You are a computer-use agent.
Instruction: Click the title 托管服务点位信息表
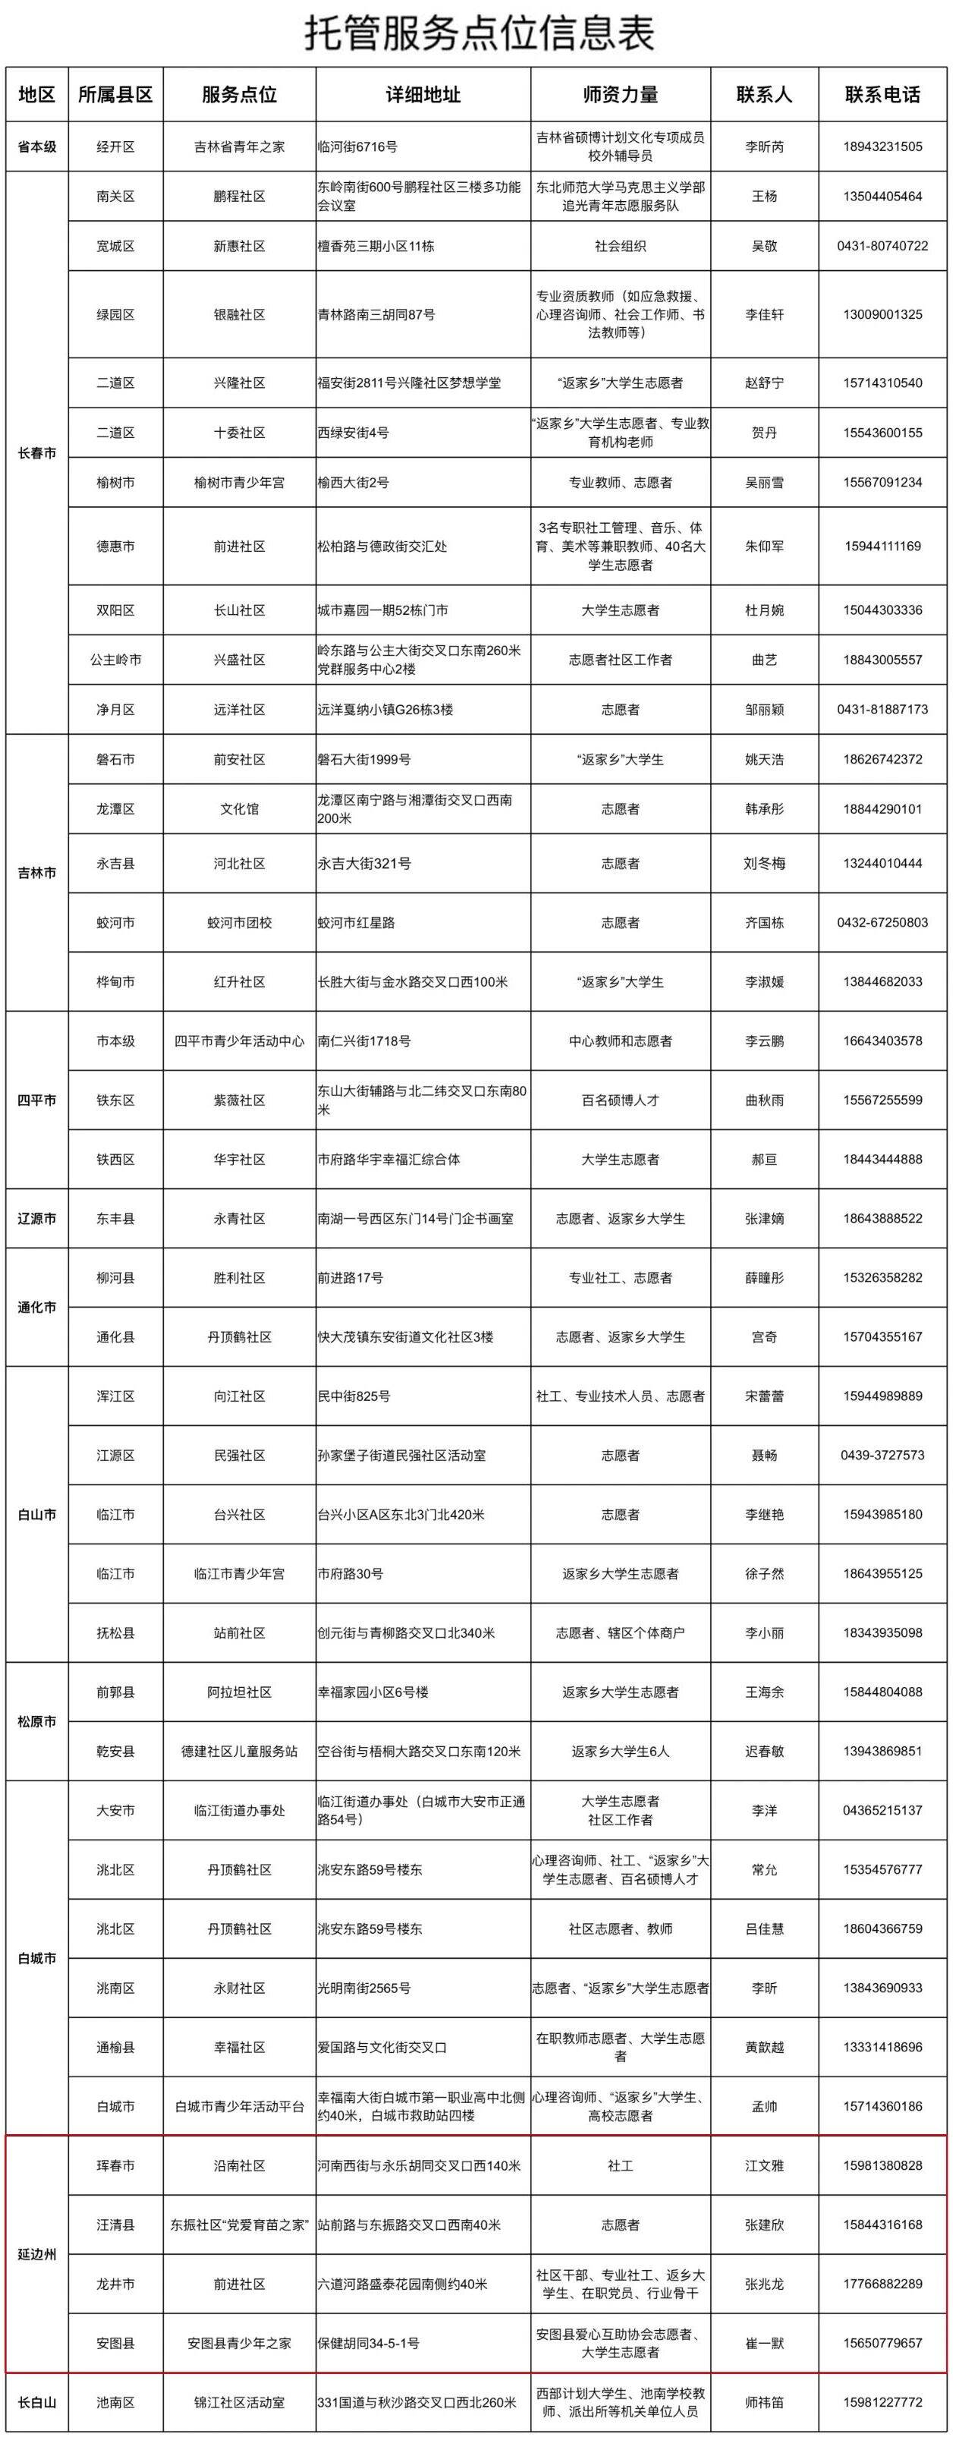pyautogui.click(x=476, y=34)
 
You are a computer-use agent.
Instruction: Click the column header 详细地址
pyautogui.click(x=423, y=95)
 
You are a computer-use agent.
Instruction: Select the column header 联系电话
pyautogui.click(x=882, y=95)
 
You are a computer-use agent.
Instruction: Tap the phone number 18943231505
pyautogui.click(x=882, y=146)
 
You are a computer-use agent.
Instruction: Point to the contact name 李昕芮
pyautogui.click(x=763, y=146)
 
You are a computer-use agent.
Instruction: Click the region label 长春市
pyautogui.click(x=37, y=453)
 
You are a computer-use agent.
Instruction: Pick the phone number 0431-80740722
pyautogui.click(x=882, y=246)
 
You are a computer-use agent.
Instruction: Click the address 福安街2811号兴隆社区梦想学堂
pyautogui.click(x=409, y=383)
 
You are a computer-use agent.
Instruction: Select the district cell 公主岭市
pyautogui.click(x=115, y=660)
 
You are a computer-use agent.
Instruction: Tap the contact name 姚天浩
pyautogui.click(x=763, y=760)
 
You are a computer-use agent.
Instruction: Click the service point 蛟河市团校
pyautogui.click(x=239, y=923)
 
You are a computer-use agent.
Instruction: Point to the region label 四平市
pyautogui.click(x=37, y=1100)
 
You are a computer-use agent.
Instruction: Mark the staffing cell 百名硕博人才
pyautogui.click(x=620, y=1100)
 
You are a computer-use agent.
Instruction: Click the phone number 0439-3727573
pyautogui.click(x=882, y=1456)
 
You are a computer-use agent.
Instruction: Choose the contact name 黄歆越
pyautogui.click(x=763, y=2048)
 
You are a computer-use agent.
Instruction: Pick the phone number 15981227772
pyautogui.click(x=882, y=2403)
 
